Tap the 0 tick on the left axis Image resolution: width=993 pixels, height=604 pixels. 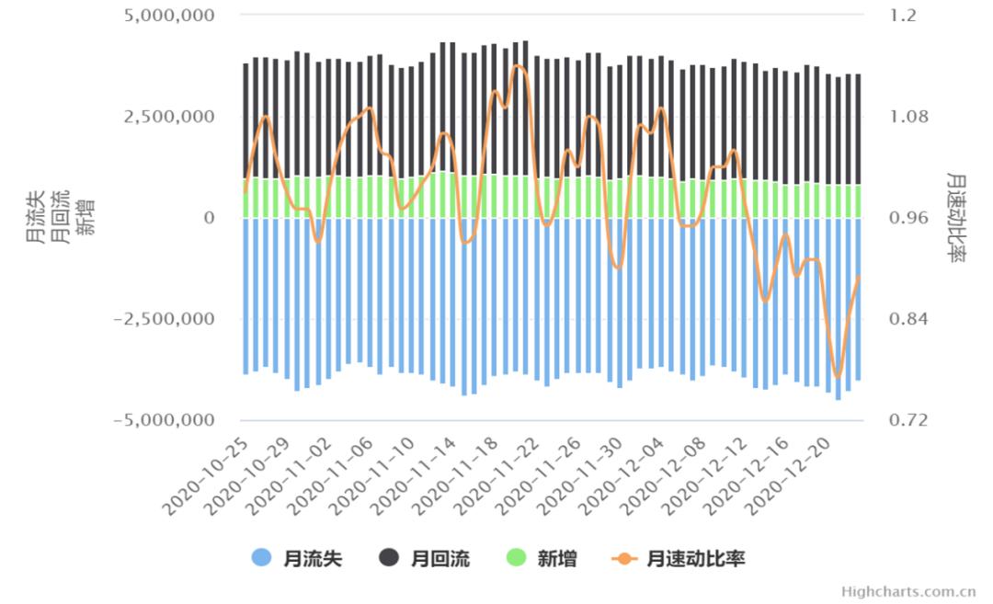coord(209,218)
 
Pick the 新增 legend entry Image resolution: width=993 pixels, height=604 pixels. coord(542,558)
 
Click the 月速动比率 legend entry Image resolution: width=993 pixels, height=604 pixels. coord(679,558)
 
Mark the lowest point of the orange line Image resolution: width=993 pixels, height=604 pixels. coord(837,377)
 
